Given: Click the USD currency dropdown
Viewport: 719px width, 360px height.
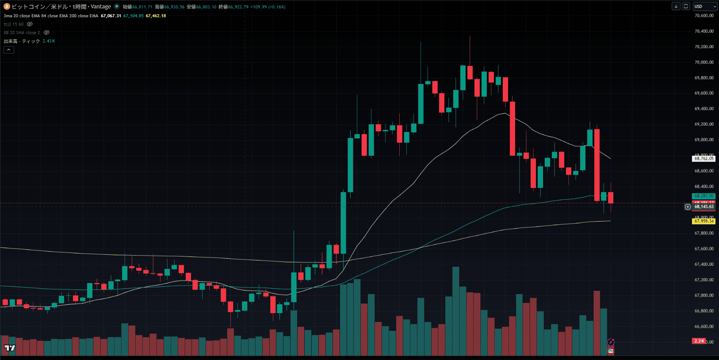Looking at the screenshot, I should pos(704,6).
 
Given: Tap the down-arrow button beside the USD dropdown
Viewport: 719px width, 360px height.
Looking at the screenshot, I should pos(676,6).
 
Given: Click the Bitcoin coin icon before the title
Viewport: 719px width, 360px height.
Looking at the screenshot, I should pos(7,7).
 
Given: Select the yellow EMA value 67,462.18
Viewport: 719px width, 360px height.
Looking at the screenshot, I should pos(156,16).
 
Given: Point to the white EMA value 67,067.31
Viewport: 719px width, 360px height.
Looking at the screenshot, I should pos(111,16).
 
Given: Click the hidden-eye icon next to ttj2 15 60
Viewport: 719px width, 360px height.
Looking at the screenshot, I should pos(30,24).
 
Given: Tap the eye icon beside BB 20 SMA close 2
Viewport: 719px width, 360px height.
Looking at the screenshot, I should pos(46,33).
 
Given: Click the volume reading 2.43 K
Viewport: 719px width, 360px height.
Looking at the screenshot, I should pos(49,41).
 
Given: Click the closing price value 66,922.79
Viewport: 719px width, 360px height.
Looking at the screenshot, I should pos(238,7).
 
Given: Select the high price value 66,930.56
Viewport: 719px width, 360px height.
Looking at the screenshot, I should pos(174,7).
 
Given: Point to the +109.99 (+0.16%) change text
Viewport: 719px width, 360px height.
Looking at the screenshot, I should pos(268,7).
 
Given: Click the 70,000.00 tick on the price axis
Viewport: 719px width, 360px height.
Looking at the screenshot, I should pos(704,62).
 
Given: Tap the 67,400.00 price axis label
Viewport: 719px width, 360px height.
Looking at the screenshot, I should pos(704,264).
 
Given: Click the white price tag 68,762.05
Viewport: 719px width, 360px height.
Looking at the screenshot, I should pos(704,158).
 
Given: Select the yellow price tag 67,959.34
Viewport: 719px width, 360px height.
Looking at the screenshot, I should pos(704,221).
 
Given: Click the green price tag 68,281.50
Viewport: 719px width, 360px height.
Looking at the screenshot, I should pos(704,196).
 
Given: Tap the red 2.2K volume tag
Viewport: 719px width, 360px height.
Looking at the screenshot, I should pos(699,341).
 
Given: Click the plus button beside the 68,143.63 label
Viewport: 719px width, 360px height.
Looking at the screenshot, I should pos(688,207).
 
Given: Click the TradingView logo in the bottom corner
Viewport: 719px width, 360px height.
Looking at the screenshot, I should pos(9,349).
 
